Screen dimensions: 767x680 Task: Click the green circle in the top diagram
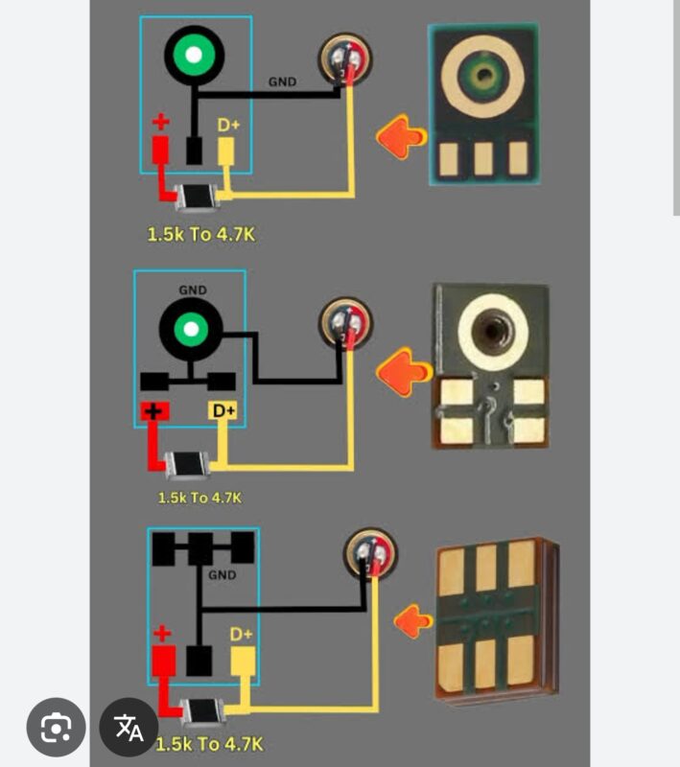pos(194,54)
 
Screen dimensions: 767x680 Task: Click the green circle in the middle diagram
pos(192,331)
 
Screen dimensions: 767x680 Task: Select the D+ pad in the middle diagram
pos(223,411)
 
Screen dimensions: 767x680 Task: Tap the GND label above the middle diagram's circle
pos(192,289)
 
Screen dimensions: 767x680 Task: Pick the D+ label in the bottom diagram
pos(241,634)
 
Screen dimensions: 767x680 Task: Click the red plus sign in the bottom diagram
pos(163,633)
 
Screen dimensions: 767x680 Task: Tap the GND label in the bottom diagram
pos(223,575)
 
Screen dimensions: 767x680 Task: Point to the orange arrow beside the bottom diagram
pos(413,621)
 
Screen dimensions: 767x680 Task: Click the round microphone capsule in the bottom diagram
pos(371,555)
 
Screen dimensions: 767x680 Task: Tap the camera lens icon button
pos(57,729)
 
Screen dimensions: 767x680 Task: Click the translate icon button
pos(129,729)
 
